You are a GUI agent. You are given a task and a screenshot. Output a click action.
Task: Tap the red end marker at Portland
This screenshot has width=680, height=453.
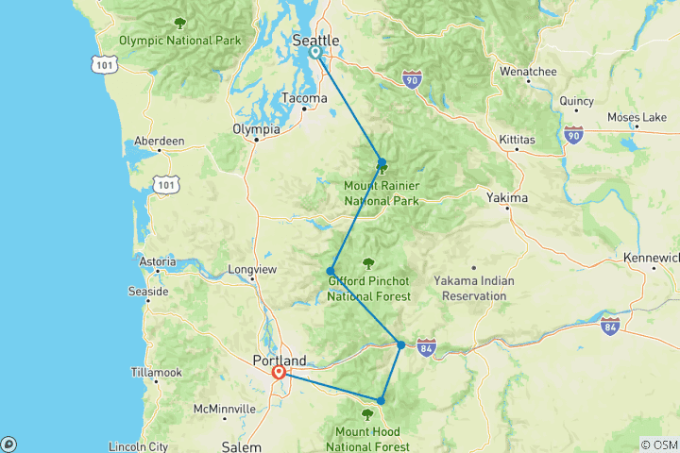280,373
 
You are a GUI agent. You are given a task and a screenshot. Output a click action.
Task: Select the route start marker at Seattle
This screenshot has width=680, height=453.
314,52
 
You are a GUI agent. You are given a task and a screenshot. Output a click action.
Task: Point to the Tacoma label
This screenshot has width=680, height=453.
304,98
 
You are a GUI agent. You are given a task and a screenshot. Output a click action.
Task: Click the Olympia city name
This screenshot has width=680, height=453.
256,130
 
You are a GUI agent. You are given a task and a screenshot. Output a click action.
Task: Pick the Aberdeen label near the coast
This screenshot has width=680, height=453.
160,141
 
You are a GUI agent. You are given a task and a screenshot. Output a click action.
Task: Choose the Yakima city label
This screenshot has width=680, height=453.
508,198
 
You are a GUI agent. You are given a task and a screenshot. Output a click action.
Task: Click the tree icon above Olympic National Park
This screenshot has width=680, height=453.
179,24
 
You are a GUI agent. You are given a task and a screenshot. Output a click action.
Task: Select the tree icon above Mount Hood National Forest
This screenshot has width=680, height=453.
367,413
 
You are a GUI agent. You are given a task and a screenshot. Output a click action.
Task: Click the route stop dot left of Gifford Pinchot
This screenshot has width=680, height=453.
331,271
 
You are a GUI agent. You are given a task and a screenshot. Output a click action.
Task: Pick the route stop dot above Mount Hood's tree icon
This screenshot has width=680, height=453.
381,400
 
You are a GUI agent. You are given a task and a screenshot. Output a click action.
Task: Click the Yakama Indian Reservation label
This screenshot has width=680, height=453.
469,288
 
